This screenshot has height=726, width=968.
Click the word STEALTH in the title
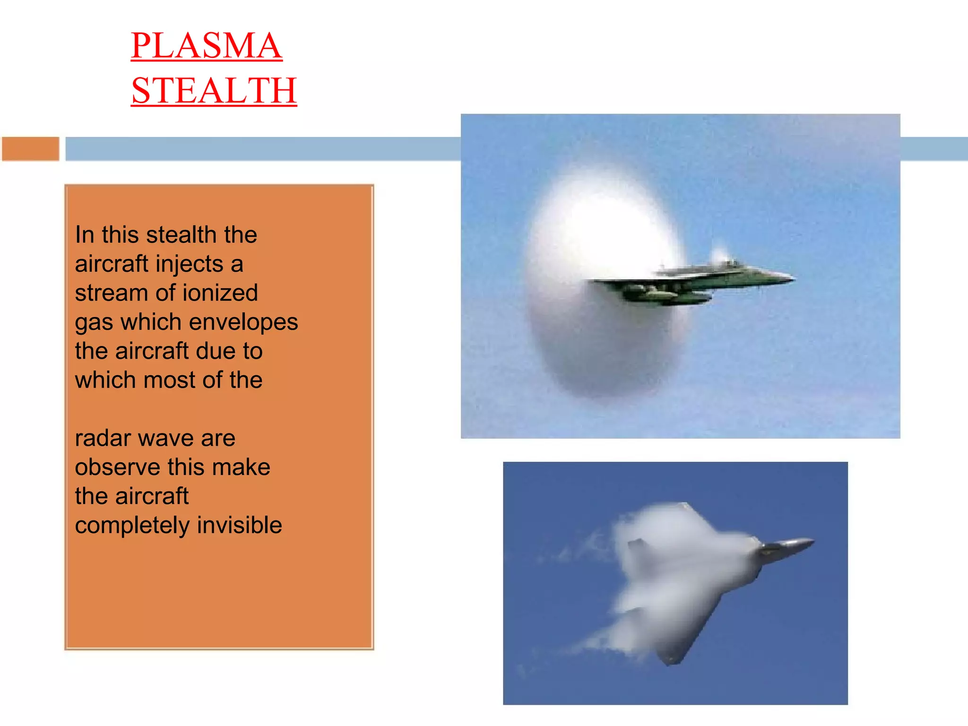click(214, 90)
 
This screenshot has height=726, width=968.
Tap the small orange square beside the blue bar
click(31, 149)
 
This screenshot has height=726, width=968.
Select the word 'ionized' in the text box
click(220, 293)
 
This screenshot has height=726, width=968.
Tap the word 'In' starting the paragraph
click(84, 235)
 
